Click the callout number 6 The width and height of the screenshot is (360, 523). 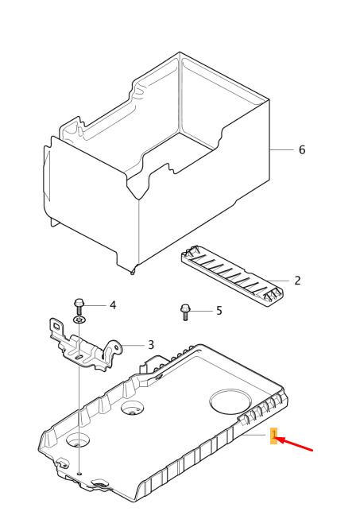(x=302, y=149)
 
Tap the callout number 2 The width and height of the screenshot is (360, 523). (x=297, y=280)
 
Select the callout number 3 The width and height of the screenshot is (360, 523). (x=151, y=344)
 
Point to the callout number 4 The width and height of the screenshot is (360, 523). (x=113, y=305)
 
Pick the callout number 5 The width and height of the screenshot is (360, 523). (x=219, y=311)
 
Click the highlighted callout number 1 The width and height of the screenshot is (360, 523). (x=273, y=436)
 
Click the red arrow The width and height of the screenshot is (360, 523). (x=295, y=445)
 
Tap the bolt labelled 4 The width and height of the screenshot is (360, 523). (x=79, y=307)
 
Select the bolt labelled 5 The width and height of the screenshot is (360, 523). (x=185, y=312)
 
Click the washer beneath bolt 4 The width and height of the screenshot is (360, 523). (x=79, y=320)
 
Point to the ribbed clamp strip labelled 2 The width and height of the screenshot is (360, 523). (x=233, y=276)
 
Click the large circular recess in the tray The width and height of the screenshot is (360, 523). (x=230, y=401)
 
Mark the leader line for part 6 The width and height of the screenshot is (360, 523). (x=281, y=149)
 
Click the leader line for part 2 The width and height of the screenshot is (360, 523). (x=277, y=281)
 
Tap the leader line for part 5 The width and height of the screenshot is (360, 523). (x=201, y=311)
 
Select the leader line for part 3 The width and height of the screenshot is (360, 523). (x=133, y=345)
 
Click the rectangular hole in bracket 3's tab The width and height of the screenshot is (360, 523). (x=57, y=326)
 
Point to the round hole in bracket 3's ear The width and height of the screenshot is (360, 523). (x=116, y=347)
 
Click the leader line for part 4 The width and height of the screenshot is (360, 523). (x=95, y=305)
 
